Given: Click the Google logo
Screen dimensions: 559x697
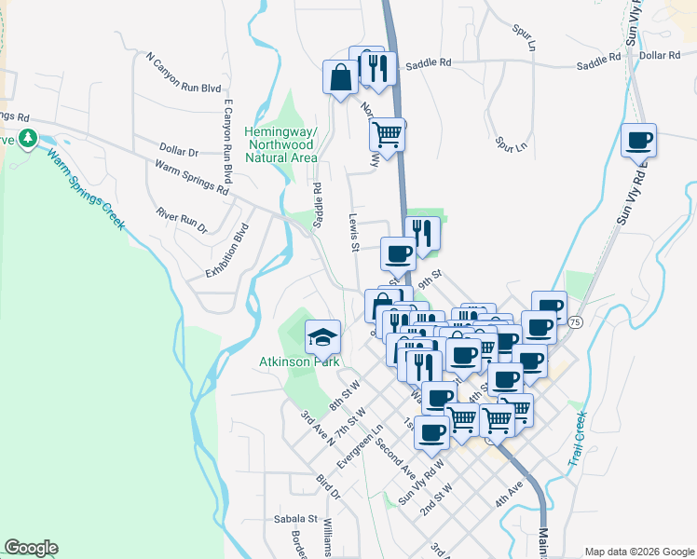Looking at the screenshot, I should (x=32, y=548).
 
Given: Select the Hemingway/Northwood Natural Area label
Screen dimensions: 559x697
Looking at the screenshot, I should (x=280, y=144).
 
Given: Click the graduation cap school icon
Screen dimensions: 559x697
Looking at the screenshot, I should (x=322, y=335).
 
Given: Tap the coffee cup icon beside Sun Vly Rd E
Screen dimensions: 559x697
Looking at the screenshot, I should (x=638, y=140).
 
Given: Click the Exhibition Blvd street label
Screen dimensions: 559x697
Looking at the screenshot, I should (x=228, y=251).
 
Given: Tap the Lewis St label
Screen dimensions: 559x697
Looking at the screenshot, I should (x=354, y=231).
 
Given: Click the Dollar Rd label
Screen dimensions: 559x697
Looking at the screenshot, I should (x=660, y=56).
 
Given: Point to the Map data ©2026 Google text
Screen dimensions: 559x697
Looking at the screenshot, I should (x=638, y=552).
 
